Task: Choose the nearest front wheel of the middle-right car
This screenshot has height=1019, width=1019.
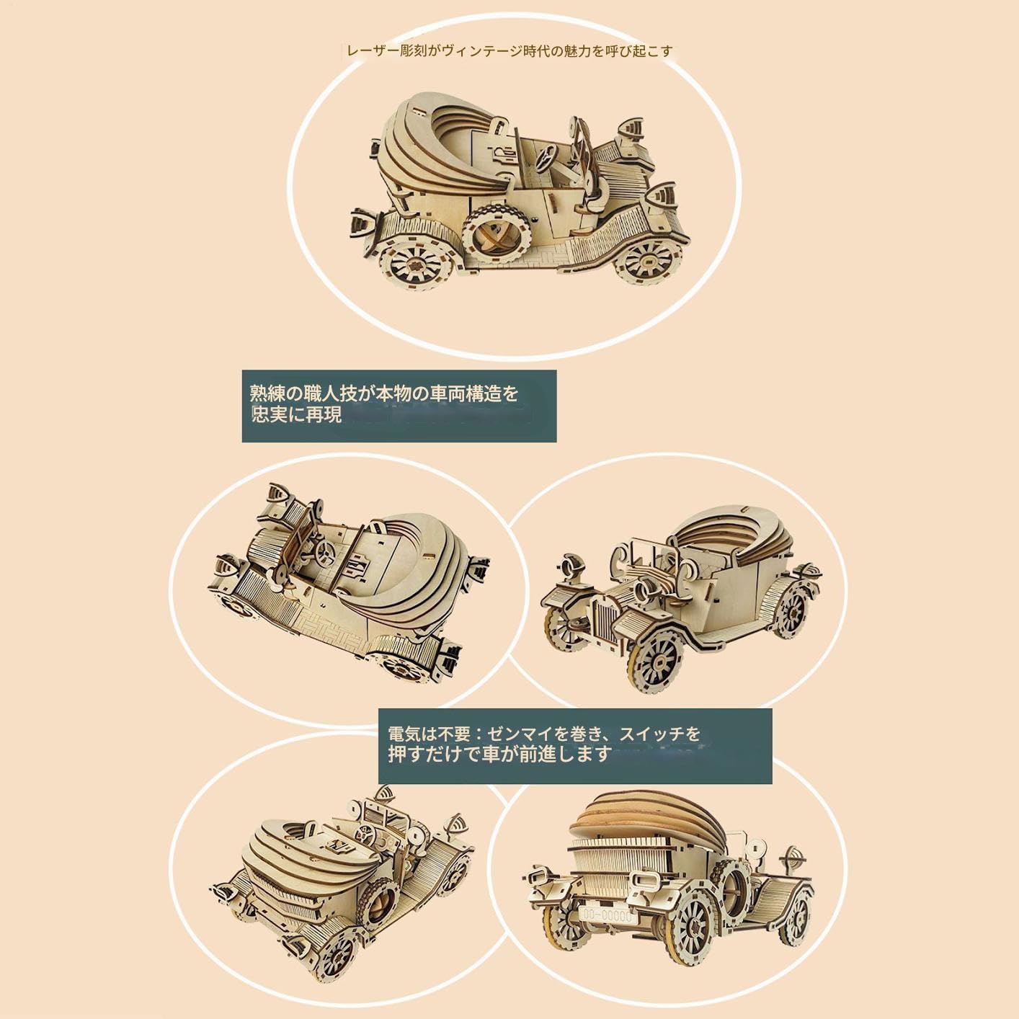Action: pos(656,660)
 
